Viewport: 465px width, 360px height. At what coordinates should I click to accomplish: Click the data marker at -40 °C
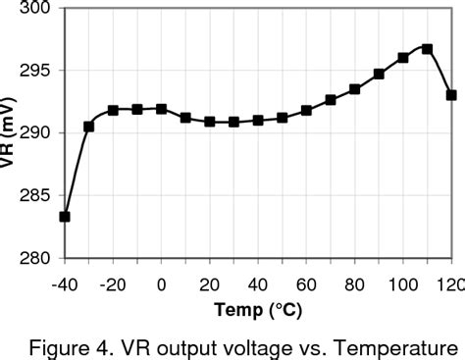pos(65,217)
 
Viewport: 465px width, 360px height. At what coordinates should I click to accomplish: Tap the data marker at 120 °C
pos(451,95)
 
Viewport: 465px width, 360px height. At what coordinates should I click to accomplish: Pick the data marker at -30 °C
pos(88,127)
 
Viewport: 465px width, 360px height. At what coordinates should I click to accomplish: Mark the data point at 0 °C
pos(161,109)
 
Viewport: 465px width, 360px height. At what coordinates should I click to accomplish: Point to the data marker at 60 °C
pos(306,110)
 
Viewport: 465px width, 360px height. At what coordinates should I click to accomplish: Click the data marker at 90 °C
pos(379,74)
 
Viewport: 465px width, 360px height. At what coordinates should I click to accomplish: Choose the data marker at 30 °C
pos(233,122)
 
